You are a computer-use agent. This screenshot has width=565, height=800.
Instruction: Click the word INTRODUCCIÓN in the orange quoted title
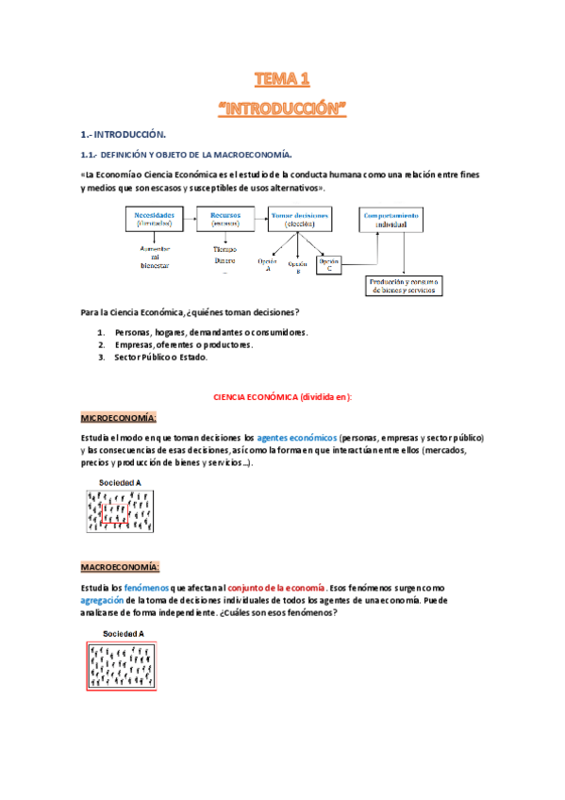(283, 108)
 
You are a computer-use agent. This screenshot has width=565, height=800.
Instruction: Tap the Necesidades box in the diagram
(154, 219)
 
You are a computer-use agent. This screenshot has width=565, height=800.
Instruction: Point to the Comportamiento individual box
(392, 219)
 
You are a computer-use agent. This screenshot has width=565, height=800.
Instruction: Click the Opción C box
(328, 265)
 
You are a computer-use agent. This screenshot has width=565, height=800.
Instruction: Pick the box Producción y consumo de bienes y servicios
(403, 285)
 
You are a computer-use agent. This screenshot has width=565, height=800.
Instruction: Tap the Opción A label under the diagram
(267, 264)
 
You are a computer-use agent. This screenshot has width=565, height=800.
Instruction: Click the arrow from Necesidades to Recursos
(189, 220)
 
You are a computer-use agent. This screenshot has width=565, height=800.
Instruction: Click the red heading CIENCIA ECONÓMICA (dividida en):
(284, 397)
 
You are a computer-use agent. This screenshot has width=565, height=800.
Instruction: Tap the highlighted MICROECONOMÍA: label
(118, 417)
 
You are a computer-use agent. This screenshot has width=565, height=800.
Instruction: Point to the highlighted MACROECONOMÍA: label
(120, 566)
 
